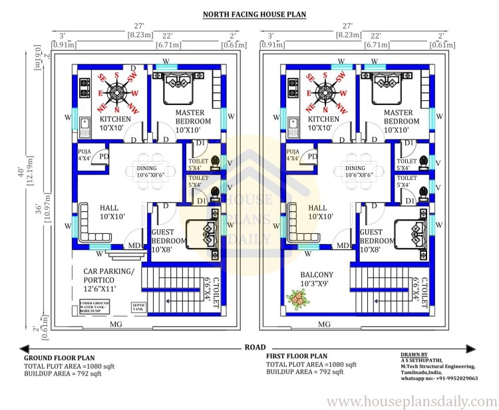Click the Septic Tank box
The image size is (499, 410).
(x=138, y=306)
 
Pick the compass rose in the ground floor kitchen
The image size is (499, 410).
(x=117, y=92)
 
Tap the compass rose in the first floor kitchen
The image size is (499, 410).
(x=325, y=92)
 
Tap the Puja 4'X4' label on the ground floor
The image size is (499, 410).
(x=84, y=155)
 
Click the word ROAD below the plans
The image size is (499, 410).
(x=255, y=347)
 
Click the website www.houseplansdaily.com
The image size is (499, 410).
(x=412, y=401)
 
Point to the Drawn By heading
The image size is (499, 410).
(x=415, y=355)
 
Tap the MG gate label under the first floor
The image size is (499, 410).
(x=325, y=324)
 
